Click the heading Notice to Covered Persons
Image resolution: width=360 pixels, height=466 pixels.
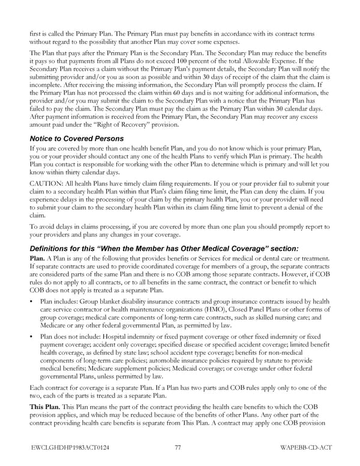tap(76, 138)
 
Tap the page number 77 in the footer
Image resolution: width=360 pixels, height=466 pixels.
tap(178, 447)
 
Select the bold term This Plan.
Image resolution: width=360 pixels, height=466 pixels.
tap(44, 407)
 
